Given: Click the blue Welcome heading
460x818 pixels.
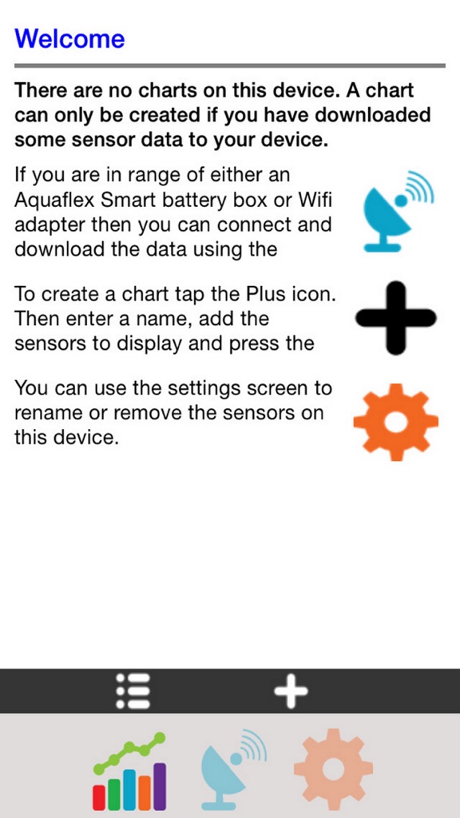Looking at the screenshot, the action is coord(70,39).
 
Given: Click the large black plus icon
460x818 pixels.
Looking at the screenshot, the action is coord(396,318).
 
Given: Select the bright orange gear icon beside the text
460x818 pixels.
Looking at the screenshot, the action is coord(396,422).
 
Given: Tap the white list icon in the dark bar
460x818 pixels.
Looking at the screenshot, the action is coord(133,691).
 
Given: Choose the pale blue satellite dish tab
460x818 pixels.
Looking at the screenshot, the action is coord(234,769).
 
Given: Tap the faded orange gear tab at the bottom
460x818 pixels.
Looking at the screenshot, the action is coord(333,768).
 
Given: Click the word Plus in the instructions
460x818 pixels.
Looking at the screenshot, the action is coord(264,294).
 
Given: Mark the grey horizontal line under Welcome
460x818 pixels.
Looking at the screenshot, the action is coord(230,66).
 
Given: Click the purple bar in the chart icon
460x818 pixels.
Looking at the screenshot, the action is coord(160,787).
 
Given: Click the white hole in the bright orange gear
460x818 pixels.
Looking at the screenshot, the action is coord(396,422).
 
